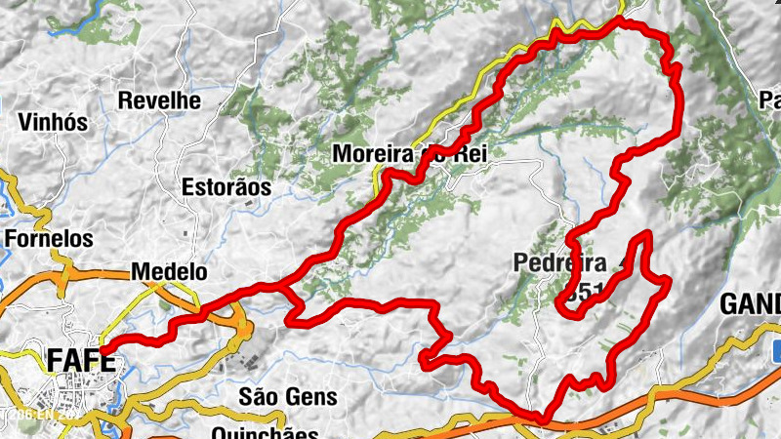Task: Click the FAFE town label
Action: pyautogui.click(x=81, y=362)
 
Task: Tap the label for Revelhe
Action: pyautogui.click(x=159, y=100)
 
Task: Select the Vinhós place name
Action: pyautogui.click(x=54, y=123)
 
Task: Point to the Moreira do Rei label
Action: pyautogui.click(x=409, y=154)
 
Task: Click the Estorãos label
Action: pyautogui.click(x=226, y=186)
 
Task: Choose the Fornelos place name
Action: pyautogui.click(x=49, y=238)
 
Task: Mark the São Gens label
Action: pyautogui.click(x=288, y=396)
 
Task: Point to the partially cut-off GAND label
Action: pyautogui.click(x=750, y=304)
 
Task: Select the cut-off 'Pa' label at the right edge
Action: pyautogui.click(x=770, y=100)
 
